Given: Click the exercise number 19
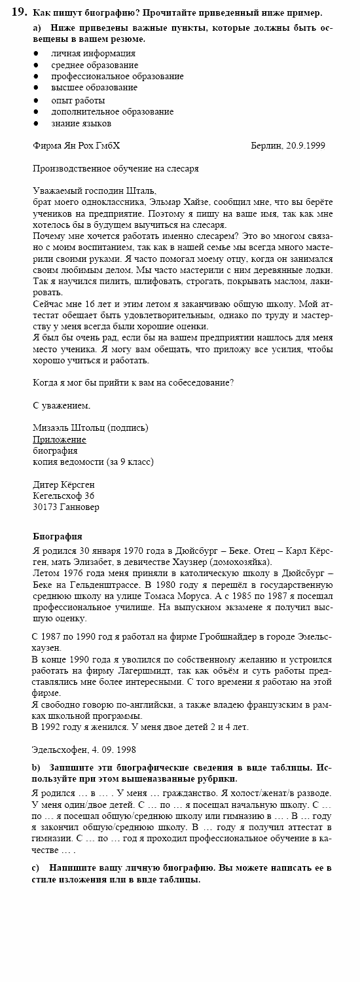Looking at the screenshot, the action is tap(19, 12).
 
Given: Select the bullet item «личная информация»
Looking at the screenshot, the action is tap(94, 54).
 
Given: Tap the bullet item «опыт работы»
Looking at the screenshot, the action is tap(78, 100).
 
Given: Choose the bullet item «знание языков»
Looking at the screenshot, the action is tap(81, 123).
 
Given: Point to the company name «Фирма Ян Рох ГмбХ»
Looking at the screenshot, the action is tap(77, 145).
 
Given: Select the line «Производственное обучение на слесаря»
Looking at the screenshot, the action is tap(116, 168).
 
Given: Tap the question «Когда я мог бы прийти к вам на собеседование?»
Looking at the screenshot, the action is tap(133, 382).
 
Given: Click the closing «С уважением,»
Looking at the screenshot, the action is tap(62, 405).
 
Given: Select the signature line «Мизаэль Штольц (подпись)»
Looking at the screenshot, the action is tap(90, 427).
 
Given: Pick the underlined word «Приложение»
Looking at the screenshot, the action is tap(60, 439).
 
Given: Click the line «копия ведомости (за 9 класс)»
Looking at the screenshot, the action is tap(93, 462).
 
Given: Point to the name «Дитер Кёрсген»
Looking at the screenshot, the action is tap(63, 484).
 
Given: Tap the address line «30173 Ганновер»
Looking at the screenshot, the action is tap(66, 507).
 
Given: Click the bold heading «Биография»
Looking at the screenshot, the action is tap(57, 536).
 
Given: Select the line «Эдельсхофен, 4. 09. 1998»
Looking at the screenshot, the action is tap(84, 750).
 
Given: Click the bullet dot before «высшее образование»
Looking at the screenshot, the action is tap(36, 88).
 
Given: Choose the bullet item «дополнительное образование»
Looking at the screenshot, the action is tap(113, 111).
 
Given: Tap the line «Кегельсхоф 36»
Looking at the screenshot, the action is tap(63, 496).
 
